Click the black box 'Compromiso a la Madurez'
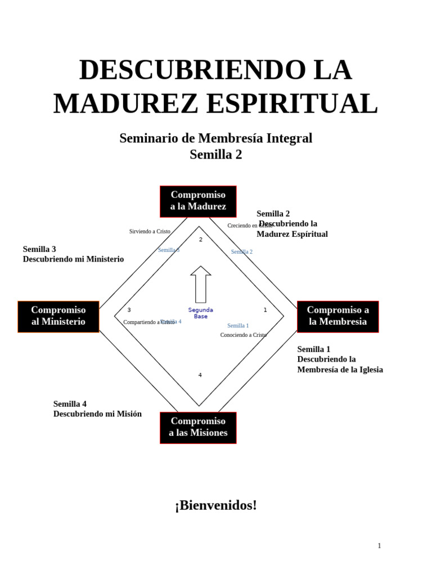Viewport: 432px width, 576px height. point(198,201)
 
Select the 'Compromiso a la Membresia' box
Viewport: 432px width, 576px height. point(337,316)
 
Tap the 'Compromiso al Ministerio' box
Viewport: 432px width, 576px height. point(58,316)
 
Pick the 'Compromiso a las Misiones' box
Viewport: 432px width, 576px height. point(198,427)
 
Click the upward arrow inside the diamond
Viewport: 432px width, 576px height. point(201,284)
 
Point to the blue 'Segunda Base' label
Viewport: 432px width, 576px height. point(201,313)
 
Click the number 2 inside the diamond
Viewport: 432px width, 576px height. point(201,240)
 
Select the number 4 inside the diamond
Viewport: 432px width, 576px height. point(200,375)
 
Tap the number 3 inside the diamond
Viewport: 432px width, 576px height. point(129,310)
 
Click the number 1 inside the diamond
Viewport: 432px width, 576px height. point(265,310)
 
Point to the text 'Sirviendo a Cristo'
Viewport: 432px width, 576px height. point(150,231)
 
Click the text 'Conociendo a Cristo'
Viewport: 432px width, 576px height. point(244,335)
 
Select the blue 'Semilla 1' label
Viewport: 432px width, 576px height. point(238,326)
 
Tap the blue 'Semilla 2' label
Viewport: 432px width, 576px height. point(242,252)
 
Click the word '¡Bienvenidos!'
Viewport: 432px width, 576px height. point(216,505)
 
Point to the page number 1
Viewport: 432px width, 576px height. point(379,546)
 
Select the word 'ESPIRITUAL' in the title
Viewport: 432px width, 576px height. point(292,104)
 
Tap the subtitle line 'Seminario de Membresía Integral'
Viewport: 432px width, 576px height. point(216,138)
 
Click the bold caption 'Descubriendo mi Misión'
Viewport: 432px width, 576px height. point(97,414)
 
